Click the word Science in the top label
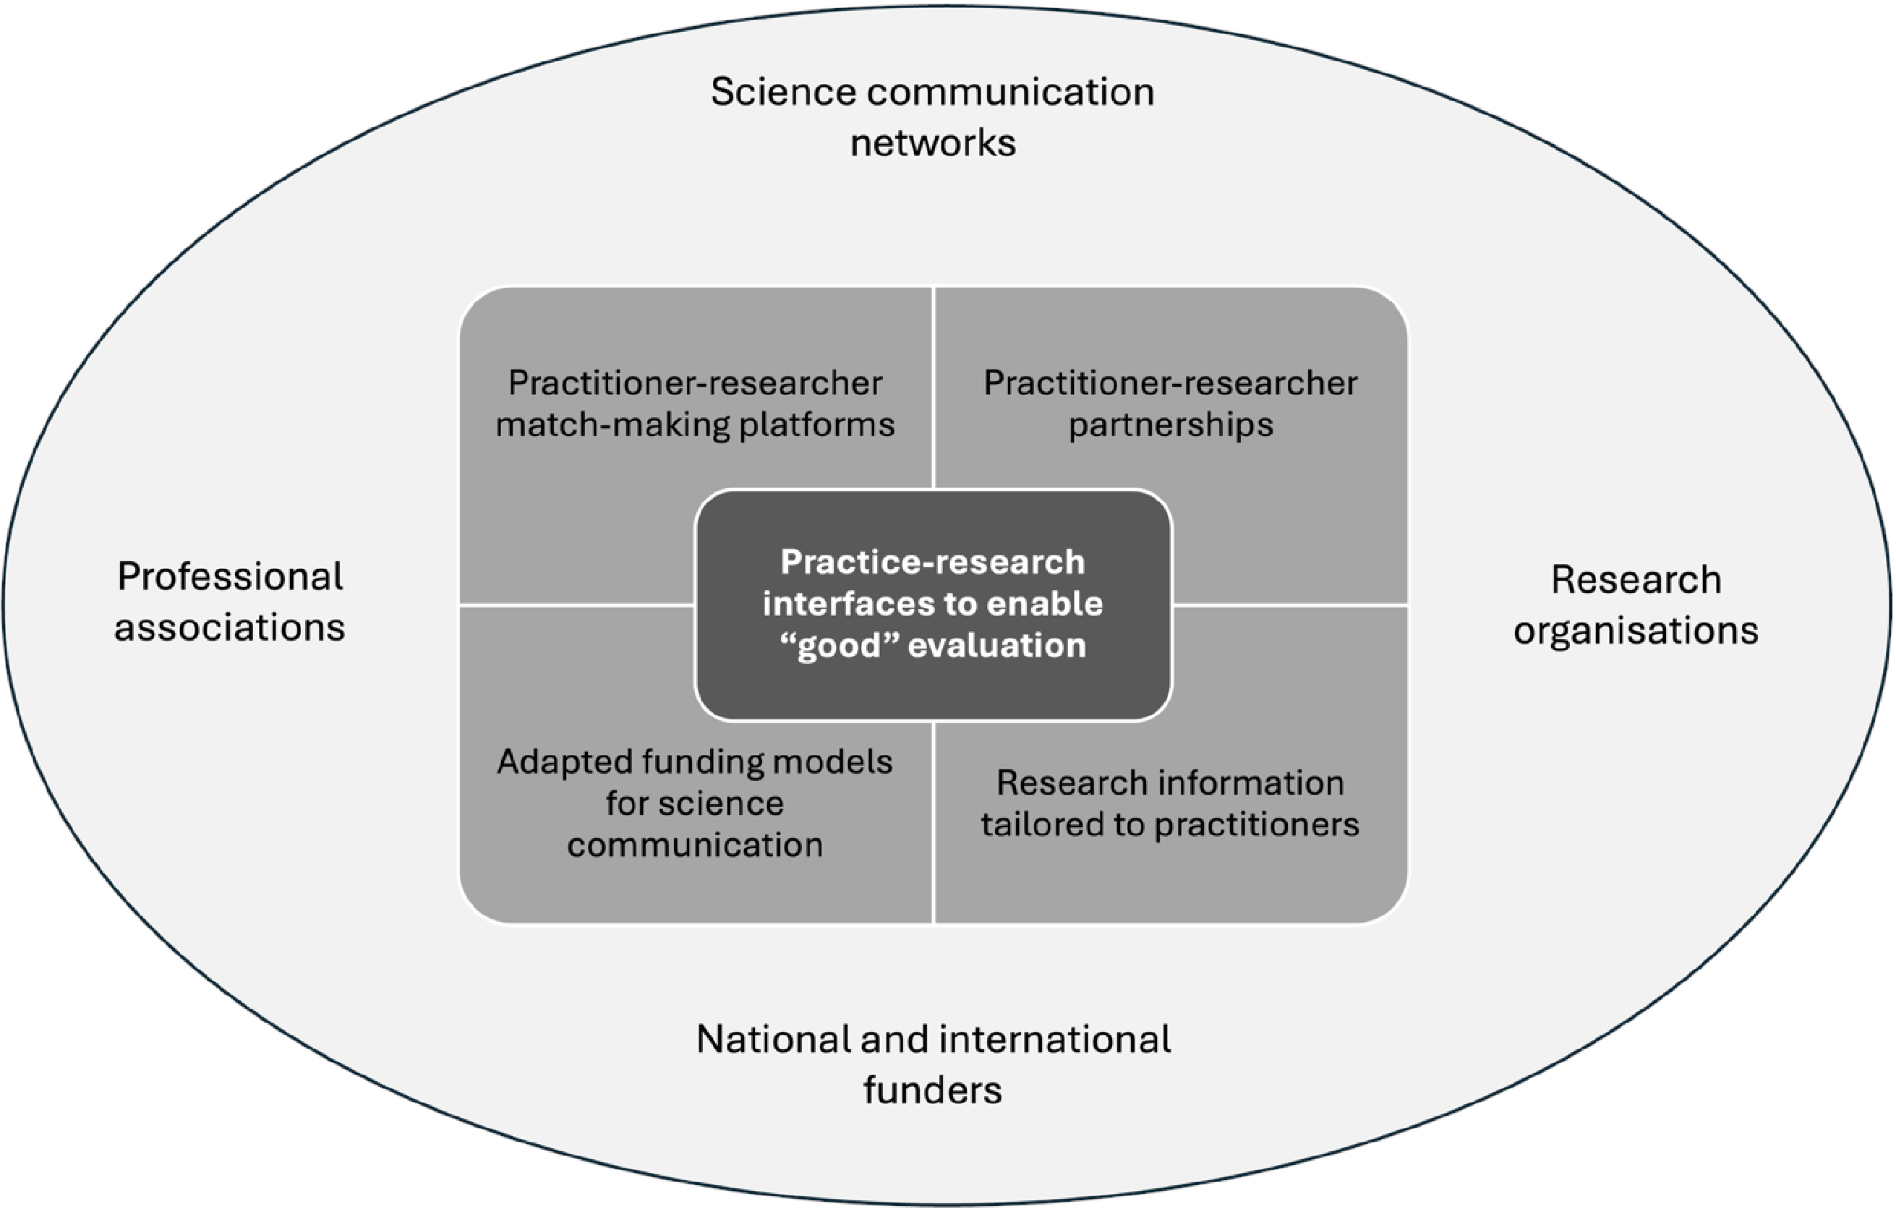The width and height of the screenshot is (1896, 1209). (x=782, y=92)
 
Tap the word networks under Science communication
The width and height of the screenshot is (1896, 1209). (x=933, y=143)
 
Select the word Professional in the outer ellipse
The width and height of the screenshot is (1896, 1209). (x=230, y=577)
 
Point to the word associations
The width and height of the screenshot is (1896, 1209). (x=230, y=628)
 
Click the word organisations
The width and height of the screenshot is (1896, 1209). (x=1636, y=631)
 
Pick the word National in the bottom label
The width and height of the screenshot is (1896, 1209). (x=772, y=1040)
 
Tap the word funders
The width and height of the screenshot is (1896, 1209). (x=933, y=1090)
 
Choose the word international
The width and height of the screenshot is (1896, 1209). (x=1055, y=1040)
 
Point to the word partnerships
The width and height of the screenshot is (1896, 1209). (x=1170, y=425)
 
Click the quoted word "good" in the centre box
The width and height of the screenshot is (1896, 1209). (x=839, y=646)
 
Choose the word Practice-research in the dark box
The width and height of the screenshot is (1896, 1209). (x=933, y=563)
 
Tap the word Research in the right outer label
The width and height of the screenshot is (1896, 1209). (x=1636, y=580)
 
